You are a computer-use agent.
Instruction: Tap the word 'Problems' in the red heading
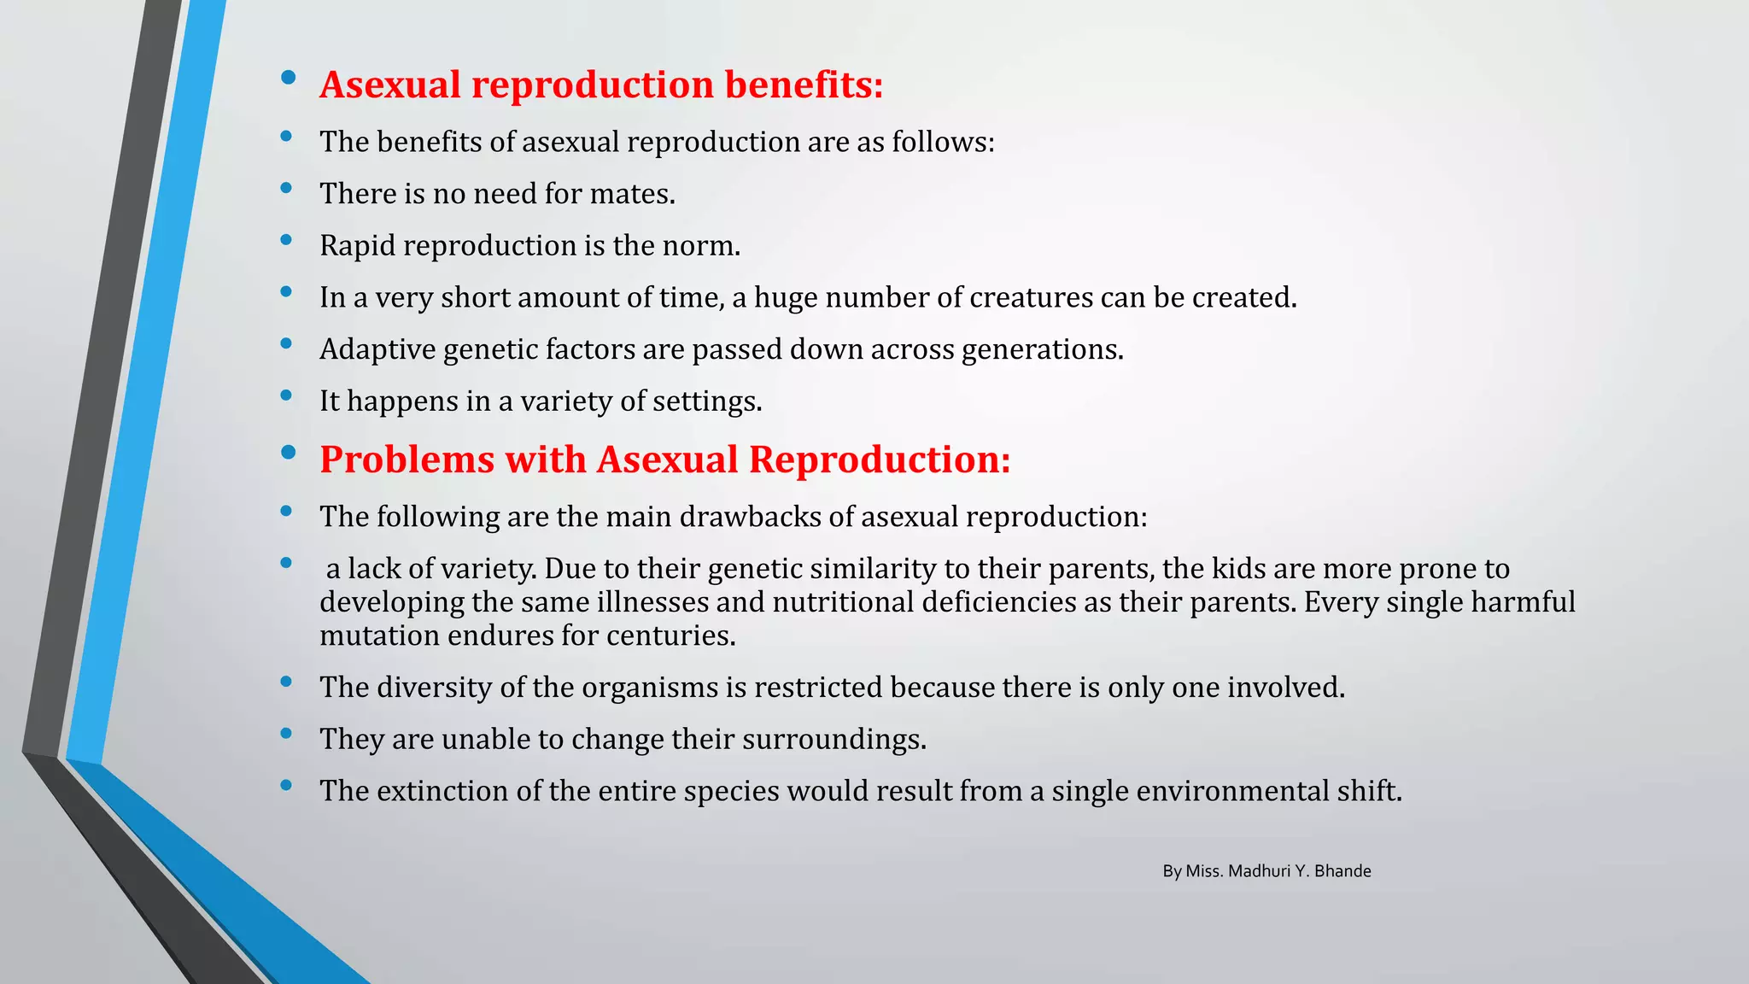point(406,460)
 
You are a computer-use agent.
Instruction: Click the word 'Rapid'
point(357,246)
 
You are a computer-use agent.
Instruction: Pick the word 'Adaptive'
point(377,349)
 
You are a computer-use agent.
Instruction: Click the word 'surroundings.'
point(834,740)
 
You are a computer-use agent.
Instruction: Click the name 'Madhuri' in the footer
point(1259,871)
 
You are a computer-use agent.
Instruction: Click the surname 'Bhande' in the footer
point(1342,871)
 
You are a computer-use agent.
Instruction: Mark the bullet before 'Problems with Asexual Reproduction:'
point(288,453)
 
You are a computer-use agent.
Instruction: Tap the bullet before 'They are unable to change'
point(286,733)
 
